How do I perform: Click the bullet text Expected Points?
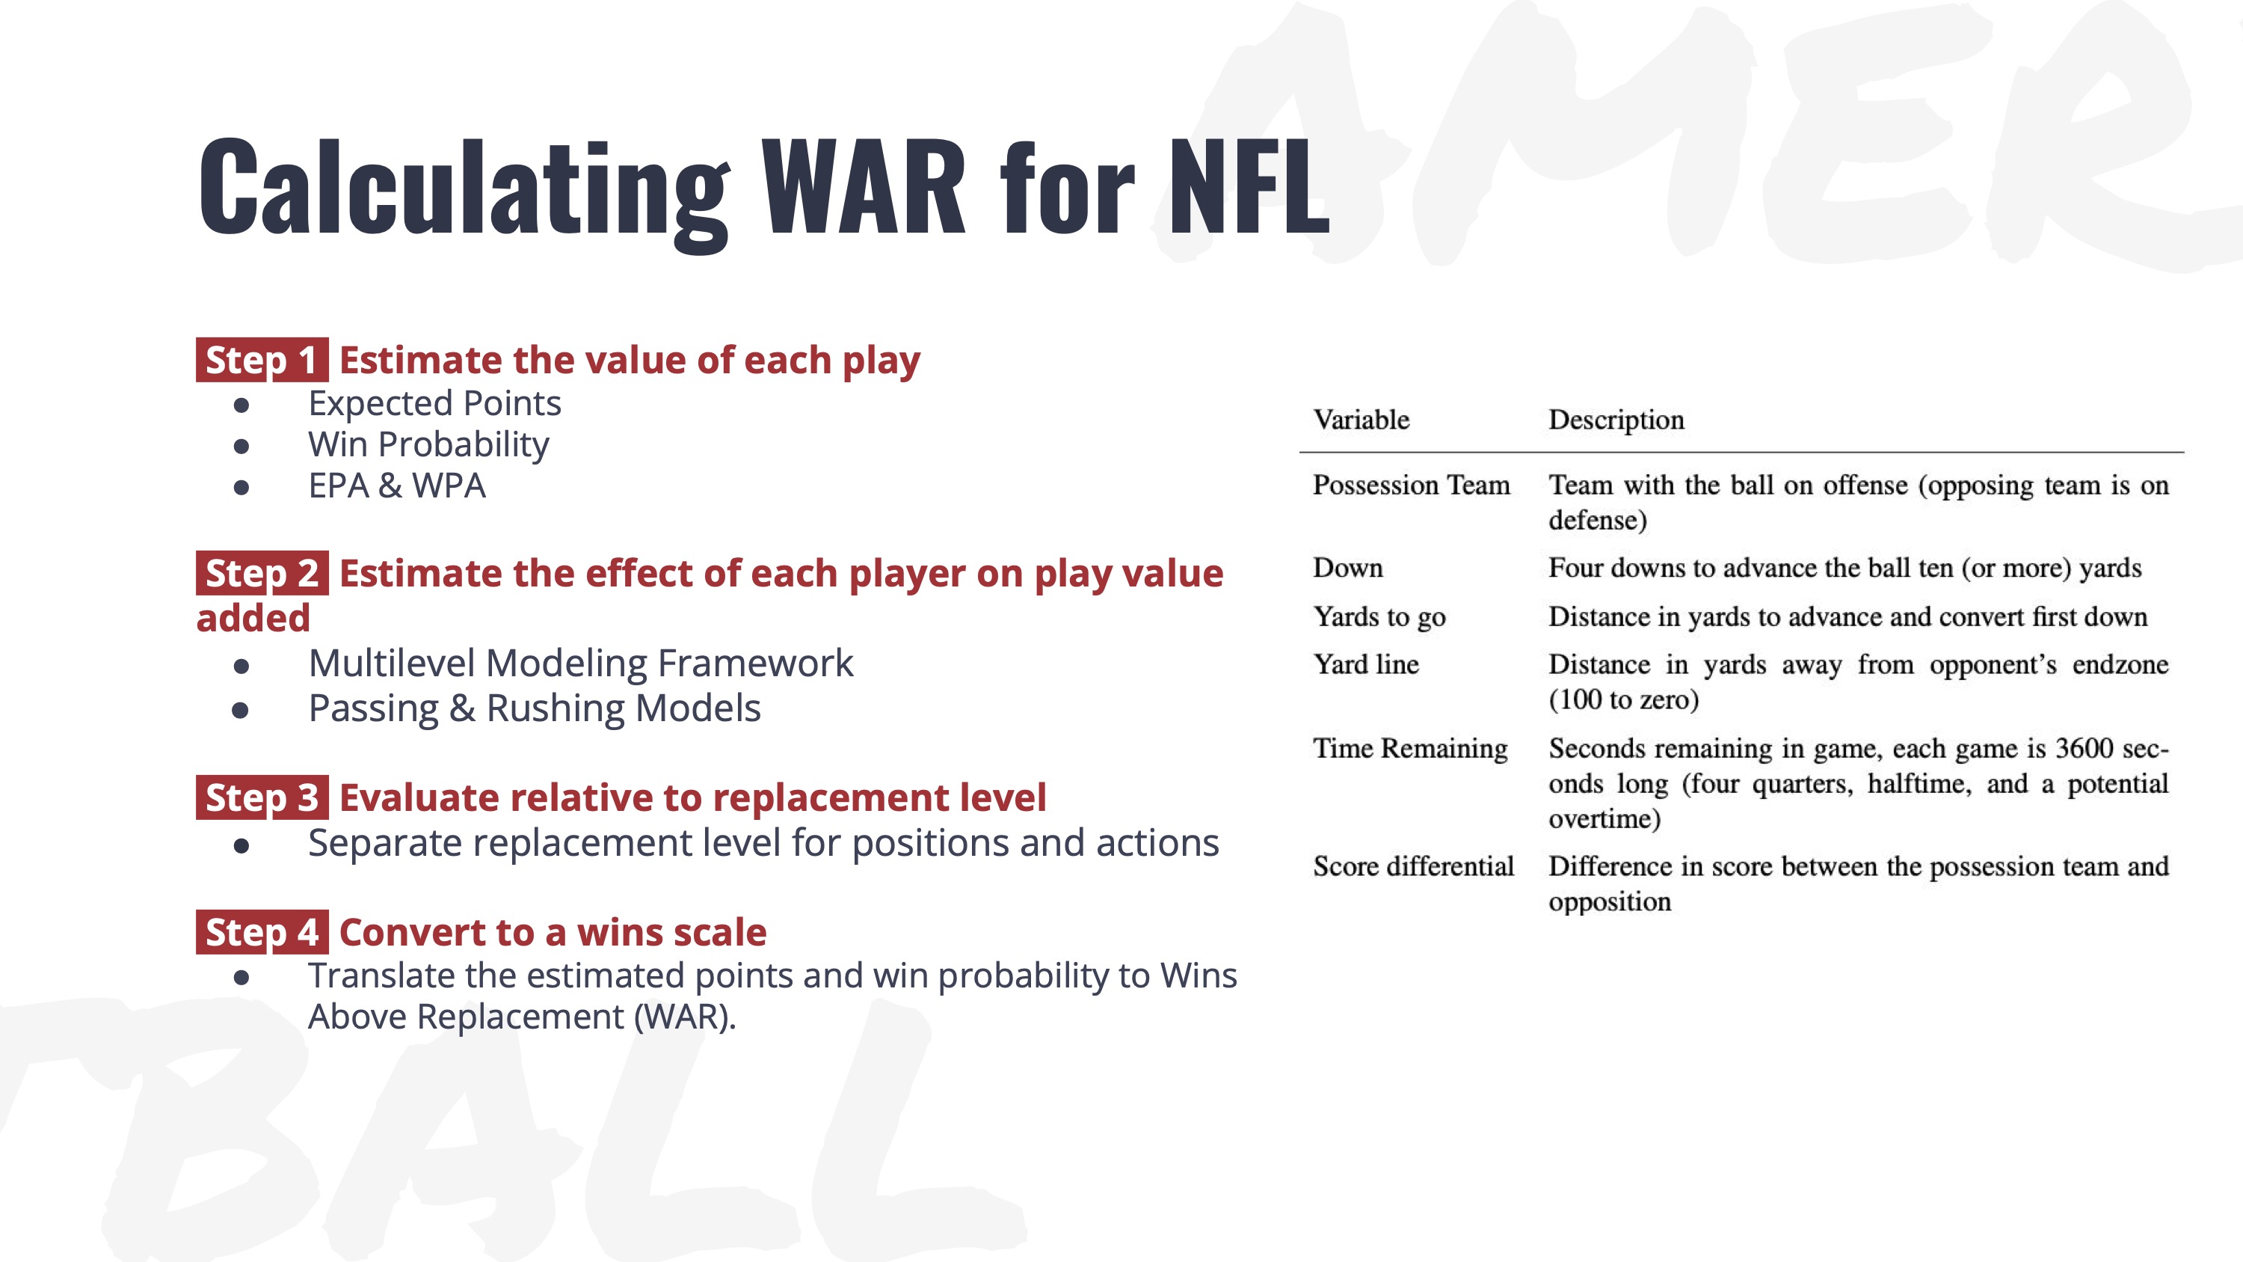tap(434, 404)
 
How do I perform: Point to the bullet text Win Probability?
tap(428, 445)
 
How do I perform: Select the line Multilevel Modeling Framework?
tap(581, 664)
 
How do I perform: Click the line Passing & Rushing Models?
tap(535, 709)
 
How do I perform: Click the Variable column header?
tap(1361, 420)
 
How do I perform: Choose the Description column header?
tap(1616, 420)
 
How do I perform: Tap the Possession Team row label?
tap(1412, 484)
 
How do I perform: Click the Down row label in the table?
tap(1348, 568)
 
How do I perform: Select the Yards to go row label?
tap(1379, 617)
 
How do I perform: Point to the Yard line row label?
tap(1366, 664)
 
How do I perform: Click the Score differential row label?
tap(1413, 866)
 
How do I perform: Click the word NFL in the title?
tap(1249, 186)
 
